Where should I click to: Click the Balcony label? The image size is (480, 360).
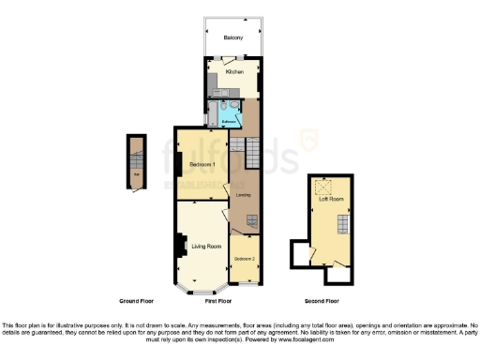pos(233,37)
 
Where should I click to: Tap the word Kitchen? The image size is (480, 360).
pos(235,72)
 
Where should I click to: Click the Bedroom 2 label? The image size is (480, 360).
pos(245,258)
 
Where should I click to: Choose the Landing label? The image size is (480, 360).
pos(243,194)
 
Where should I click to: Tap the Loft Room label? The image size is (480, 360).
pos(330,198)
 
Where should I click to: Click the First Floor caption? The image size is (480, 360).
pos(217,301)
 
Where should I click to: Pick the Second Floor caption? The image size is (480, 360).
pos(322,301)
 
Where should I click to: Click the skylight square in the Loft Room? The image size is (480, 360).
pos(329,185)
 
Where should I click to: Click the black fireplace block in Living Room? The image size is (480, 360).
pos(178,245)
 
